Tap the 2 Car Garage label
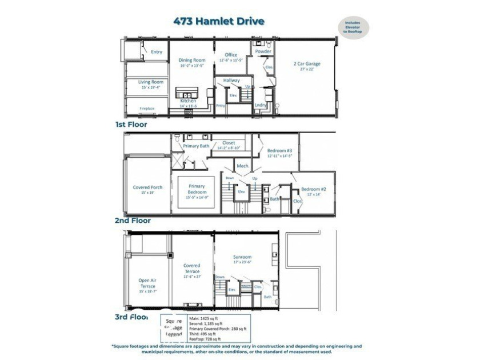click(x=307, y=63)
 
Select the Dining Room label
click(x=191, y=60)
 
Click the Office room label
click(x=231, y=55)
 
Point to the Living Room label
click(x=151, y=82)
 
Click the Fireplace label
click(x=147, y=108)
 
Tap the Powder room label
click(x=263, y=51)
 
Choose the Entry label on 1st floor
click(x=156, y=52)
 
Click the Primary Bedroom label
click(x=197, y=189)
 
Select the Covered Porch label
click(x=147, y=187)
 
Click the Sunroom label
click(x=242, y=258)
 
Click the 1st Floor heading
click(x=131, y=124)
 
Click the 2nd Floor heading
click(x=132, y=220)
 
